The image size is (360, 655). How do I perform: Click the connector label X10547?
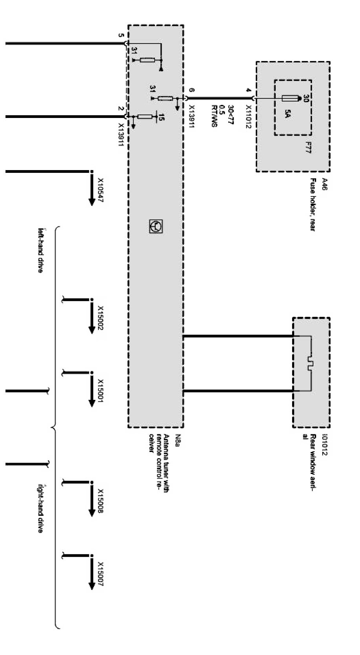pos(100,190)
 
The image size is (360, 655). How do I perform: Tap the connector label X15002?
pos(100,318)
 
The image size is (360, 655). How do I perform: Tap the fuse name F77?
pos(308,148)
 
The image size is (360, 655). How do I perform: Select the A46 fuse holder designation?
pos(324,184)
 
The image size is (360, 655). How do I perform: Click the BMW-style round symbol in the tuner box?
pos(156,227)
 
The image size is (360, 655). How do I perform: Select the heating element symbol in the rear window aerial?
pos(310,364)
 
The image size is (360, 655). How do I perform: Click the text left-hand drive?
pos(40,250)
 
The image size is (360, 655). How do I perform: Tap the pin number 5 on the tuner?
pos(121,36)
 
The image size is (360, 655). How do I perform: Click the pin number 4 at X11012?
pos(248,90)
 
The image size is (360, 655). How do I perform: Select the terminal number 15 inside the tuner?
pos(162,116)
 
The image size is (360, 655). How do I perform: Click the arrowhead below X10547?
pos(92,201)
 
